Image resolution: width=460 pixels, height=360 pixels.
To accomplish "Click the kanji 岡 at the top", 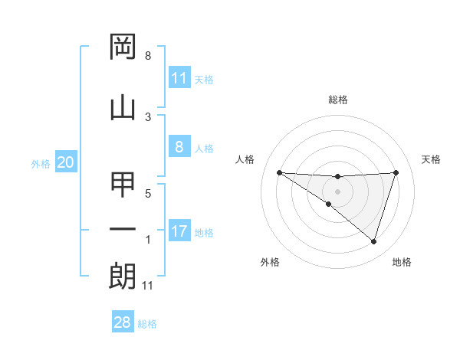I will [123, 47].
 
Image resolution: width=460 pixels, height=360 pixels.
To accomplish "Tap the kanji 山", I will [123, 107].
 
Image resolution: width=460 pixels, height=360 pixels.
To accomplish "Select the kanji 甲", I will [123, 185].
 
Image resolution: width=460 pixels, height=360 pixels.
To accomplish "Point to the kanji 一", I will [123, 229].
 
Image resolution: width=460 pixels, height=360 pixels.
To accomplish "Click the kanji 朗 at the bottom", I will [123, 277].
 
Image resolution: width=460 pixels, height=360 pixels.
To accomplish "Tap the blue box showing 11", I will [179, 78].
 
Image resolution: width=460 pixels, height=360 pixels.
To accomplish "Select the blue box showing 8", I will [179, 147].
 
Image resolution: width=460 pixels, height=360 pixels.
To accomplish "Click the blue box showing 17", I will [179, 232].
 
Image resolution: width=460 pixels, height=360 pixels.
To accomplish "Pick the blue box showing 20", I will [66, 162].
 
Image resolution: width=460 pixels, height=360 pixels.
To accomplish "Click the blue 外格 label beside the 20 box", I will [41, 163].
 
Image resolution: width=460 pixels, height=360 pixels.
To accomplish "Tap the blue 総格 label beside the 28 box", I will [147, 324].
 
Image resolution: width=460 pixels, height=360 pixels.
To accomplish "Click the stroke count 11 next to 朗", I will [148, 286].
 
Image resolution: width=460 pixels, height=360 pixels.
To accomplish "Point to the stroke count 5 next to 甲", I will [148, 193].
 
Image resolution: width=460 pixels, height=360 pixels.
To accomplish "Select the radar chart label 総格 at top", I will [337, 100].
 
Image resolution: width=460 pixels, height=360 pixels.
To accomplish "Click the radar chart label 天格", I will [432, 159].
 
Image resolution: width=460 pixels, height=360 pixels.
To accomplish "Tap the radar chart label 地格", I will [402, 262].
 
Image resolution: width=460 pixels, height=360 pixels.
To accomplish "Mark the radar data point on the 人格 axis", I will [279, 172].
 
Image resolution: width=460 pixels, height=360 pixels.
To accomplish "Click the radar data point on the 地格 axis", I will [373, 241].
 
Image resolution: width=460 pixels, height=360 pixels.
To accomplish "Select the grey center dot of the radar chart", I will [337, 191].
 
